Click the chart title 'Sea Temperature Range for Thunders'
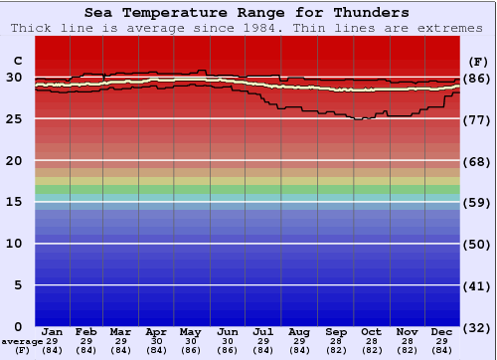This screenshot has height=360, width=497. pos(246,13)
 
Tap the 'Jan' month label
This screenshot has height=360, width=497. pos(53,331)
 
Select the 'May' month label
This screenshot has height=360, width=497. pos(189,331)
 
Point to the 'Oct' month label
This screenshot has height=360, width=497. pos(371,331)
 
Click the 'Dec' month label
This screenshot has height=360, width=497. pos(443,331)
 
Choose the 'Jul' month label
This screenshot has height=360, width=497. pos(263,331)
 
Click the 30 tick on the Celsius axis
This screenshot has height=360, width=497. pos(14,78)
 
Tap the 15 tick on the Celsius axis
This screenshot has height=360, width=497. pos(14,202)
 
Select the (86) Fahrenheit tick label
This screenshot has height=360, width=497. pos(477,79)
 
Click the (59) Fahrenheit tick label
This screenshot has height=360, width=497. pos(477,203)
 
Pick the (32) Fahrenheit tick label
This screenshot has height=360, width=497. pos(477,327)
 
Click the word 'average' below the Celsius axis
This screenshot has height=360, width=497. pos(22,342)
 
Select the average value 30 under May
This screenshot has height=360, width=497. pos(189,342)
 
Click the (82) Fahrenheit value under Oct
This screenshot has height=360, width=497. pos(371,351)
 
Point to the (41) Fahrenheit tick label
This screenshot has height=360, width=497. pos(477,285)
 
